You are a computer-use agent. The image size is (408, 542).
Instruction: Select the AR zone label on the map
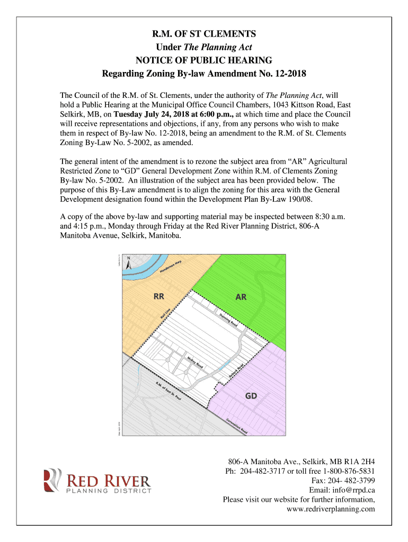(241, 297)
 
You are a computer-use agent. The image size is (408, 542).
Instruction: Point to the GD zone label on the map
(251, 396)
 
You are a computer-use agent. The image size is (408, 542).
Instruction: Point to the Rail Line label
(165, 314)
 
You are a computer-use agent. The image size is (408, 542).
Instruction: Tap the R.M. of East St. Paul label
(169, 391)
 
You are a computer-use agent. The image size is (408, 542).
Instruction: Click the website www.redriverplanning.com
(331, 509)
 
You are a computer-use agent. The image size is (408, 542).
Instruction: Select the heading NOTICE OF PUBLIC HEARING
(204, 59)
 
